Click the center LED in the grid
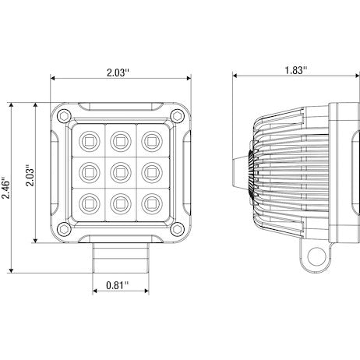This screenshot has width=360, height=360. (119, 169)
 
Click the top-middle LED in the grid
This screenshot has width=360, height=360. (119, 140)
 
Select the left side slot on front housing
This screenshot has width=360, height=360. (57, 171)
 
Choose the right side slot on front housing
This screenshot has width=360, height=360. (185, 171)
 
